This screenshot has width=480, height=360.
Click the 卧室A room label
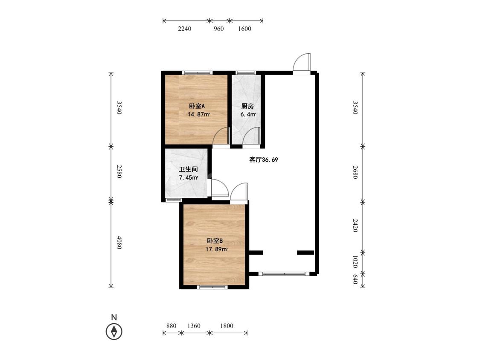pyautogui.click(x=197, y=106)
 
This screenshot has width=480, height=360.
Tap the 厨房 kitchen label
pyautogui.click(x=247, y=106)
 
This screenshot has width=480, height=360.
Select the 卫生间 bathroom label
pyautogui.click(x=188, y=169)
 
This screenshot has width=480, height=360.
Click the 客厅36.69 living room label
pyautogui.click(x=264, y=160)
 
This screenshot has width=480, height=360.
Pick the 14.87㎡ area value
pyautogui.click(x=199, y=114)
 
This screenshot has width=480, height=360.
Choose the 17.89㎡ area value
pyautogui.click(x=216, y=249)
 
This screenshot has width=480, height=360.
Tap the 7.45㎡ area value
pyautogui.click(x=188, y=177)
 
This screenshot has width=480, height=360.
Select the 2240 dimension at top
pyautogui.click(x=185, y=29)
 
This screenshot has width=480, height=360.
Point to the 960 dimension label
pyautogui.click(x=218, y=29)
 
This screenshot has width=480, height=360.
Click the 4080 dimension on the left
pyautogui.click(x=119, y=242)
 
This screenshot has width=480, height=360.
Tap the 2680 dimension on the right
pyautogui.click(x=355, y=172)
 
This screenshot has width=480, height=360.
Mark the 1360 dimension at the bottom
pyautogui.click(x=193, y=326)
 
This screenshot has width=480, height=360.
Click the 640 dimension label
pyautogui.click(x=355, y=279)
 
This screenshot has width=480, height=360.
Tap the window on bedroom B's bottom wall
pyautogui.click(x=212, y=287)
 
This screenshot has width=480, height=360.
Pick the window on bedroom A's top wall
pyautogui.click(x=197, y=73)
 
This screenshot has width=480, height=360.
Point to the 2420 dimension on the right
pyautogui.click(x=355, y=226)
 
